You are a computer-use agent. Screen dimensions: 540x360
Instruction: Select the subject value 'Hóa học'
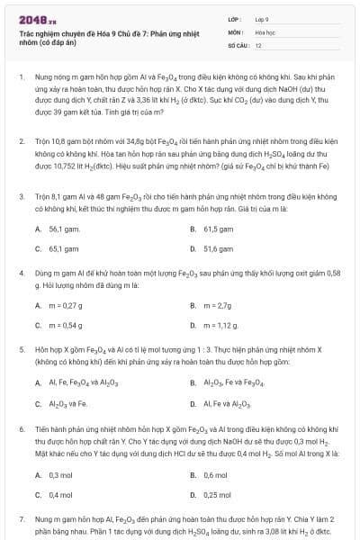pyautogui.click(x=265, y=31)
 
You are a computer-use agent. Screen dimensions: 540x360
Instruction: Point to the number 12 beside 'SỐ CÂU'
pyautogui.click(x=258, y=44)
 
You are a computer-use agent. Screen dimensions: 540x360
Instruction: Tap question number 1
pyautogui.click(x=21, y=78)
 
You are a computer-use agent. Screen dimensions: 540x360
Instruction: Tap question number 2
pyautogui.click(x=21, y=142)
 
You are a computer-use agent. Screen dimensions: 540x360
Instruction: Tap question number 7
pyautogui.click(x=21, y=520)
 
